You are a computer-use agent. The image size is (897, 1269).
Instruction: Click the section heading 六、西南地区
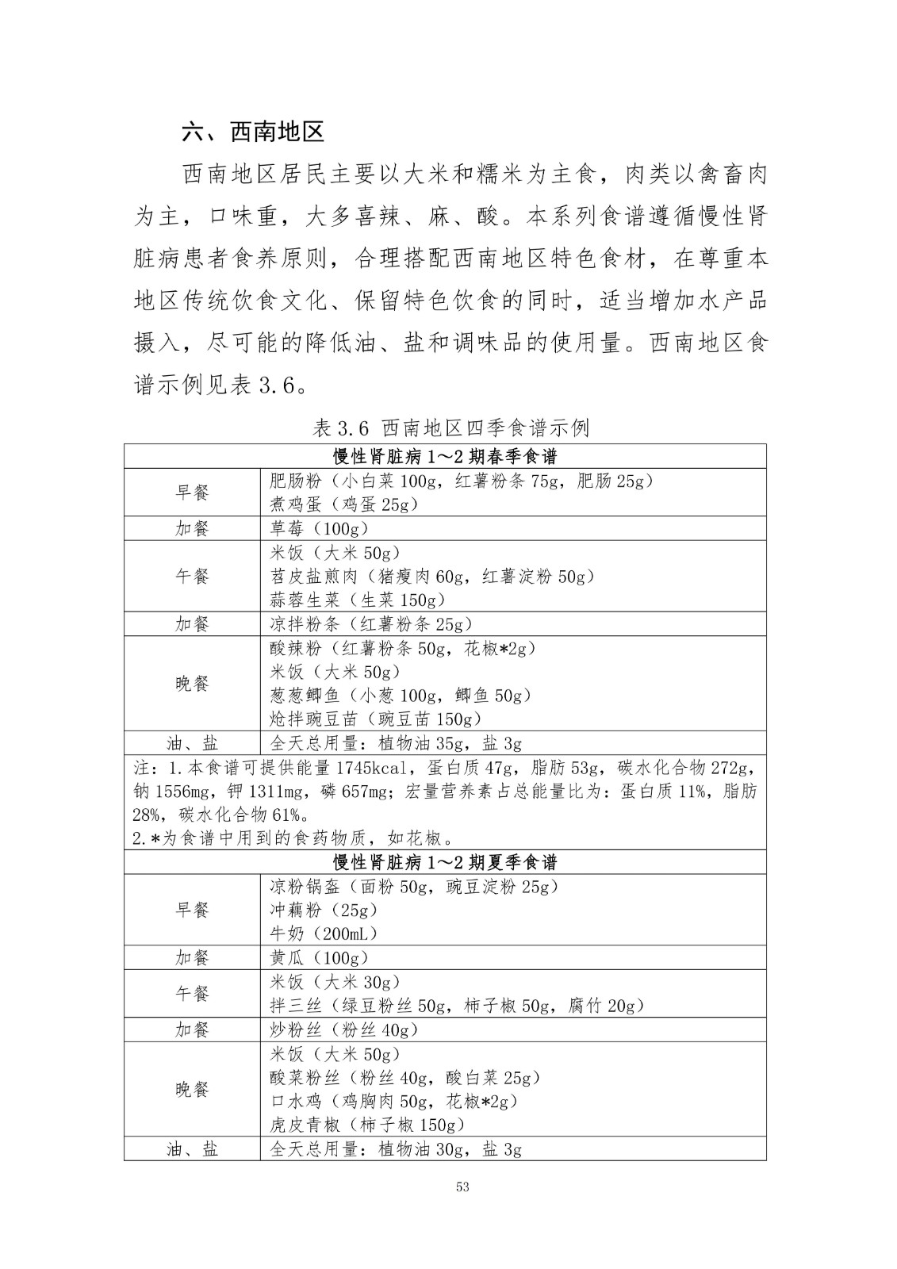coord(253,132)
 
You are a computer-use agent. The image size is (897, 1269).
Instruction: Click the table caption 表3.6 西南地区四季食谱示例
coord(450,428)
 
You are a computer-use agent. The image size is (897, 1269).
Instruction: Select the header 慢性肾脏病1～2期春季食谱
coord(445,457)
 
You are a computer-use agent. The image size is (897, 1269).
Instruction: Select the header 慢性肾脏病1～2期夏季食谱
coord(445,862)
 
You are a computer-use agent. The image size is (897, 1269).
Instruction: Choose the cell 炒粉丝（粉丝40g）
coord(343,1029)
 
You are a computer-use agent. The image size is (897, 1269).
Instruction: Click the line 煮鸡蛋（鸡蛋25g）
coord(344,504)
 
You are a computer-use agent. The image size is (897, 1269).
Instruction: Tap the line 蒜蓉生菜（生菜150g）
coord(358,600)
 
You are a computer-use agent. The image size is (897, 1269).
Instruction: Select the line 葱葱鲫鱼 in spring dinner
coord(401,696)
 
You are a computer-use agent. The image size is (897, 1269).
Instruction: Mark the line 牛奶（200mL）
coord(324,934)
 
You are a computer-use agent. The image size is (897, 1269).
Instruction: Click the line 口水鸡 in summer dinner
coord(393,1101)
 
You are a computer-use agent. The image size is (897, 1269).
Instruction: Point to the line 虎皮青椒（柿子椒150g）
coord(366,1125)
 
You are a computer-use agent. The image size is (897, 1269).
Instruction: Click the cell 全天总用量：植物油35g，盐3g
coord(396,743)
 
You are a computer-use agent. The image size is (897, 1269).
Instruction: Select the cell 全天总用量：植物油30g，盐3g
coord(396,1149)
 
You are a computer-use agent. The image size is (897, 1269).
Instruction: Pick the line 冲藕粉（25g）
coord(324,910)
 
